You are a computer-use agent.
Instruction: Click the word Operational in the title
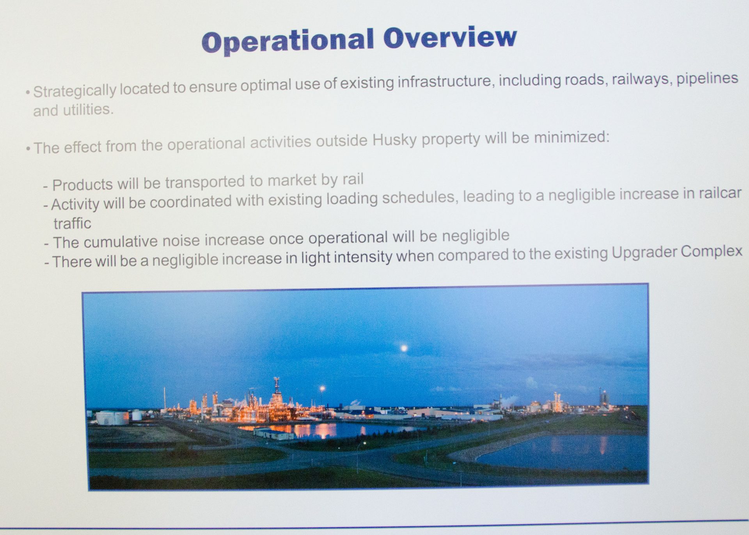tap(288, 41)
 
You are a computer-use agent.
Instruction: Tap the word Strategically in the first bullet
tap(75, 91)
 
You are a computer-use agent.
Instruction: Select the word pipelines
tap(707, 78)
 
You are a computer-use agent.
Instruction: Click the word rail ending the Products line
tap(353, 179)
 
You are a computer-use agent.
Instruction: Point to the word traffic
tap(72, 224)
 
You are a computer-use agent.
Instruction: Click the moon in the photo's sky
tap(404, 347)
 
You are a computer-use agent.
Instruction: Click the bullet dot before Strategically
tap(28, 93)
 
